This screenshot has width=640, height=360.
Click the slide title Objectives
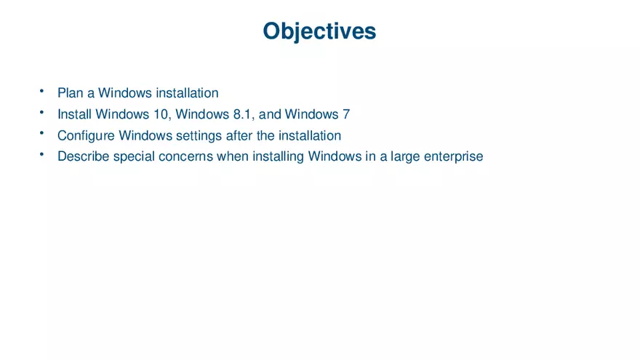(x=319, y=31)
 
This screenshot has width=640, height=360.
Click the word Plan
(x=71, y=93)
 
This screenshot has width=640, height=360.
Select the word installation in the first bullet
(x=187, y=93)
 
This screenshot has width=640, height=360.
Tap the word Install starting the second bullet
(x=74, y=114)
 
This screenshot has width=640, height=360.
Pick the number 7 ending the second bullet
(x=346, y=114)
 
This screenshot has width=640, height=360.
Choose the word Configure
(x=86, y=135)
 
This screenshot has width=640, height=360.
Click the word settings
(x=199, y=135)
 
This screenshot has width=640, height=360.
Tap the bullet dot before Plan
(x=42, y=92)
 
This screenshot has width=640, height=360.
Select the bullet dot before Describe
(x=42, y=155)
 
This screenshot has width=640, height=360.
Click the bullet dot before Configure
(x=42, y=134)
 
